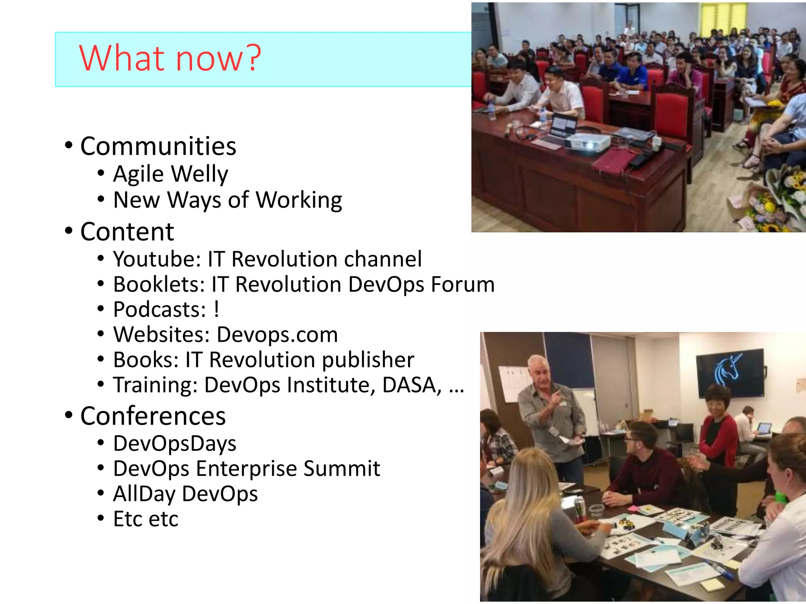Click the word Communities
(158, 146)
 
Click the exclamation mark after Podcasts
(216, 309)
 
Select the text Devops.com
(277, 335)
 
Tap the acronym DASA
(412, 385)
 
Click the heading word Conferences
(153, 416)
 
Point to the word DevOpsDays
(175, 444)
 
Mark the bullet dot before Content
(69, 231)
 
